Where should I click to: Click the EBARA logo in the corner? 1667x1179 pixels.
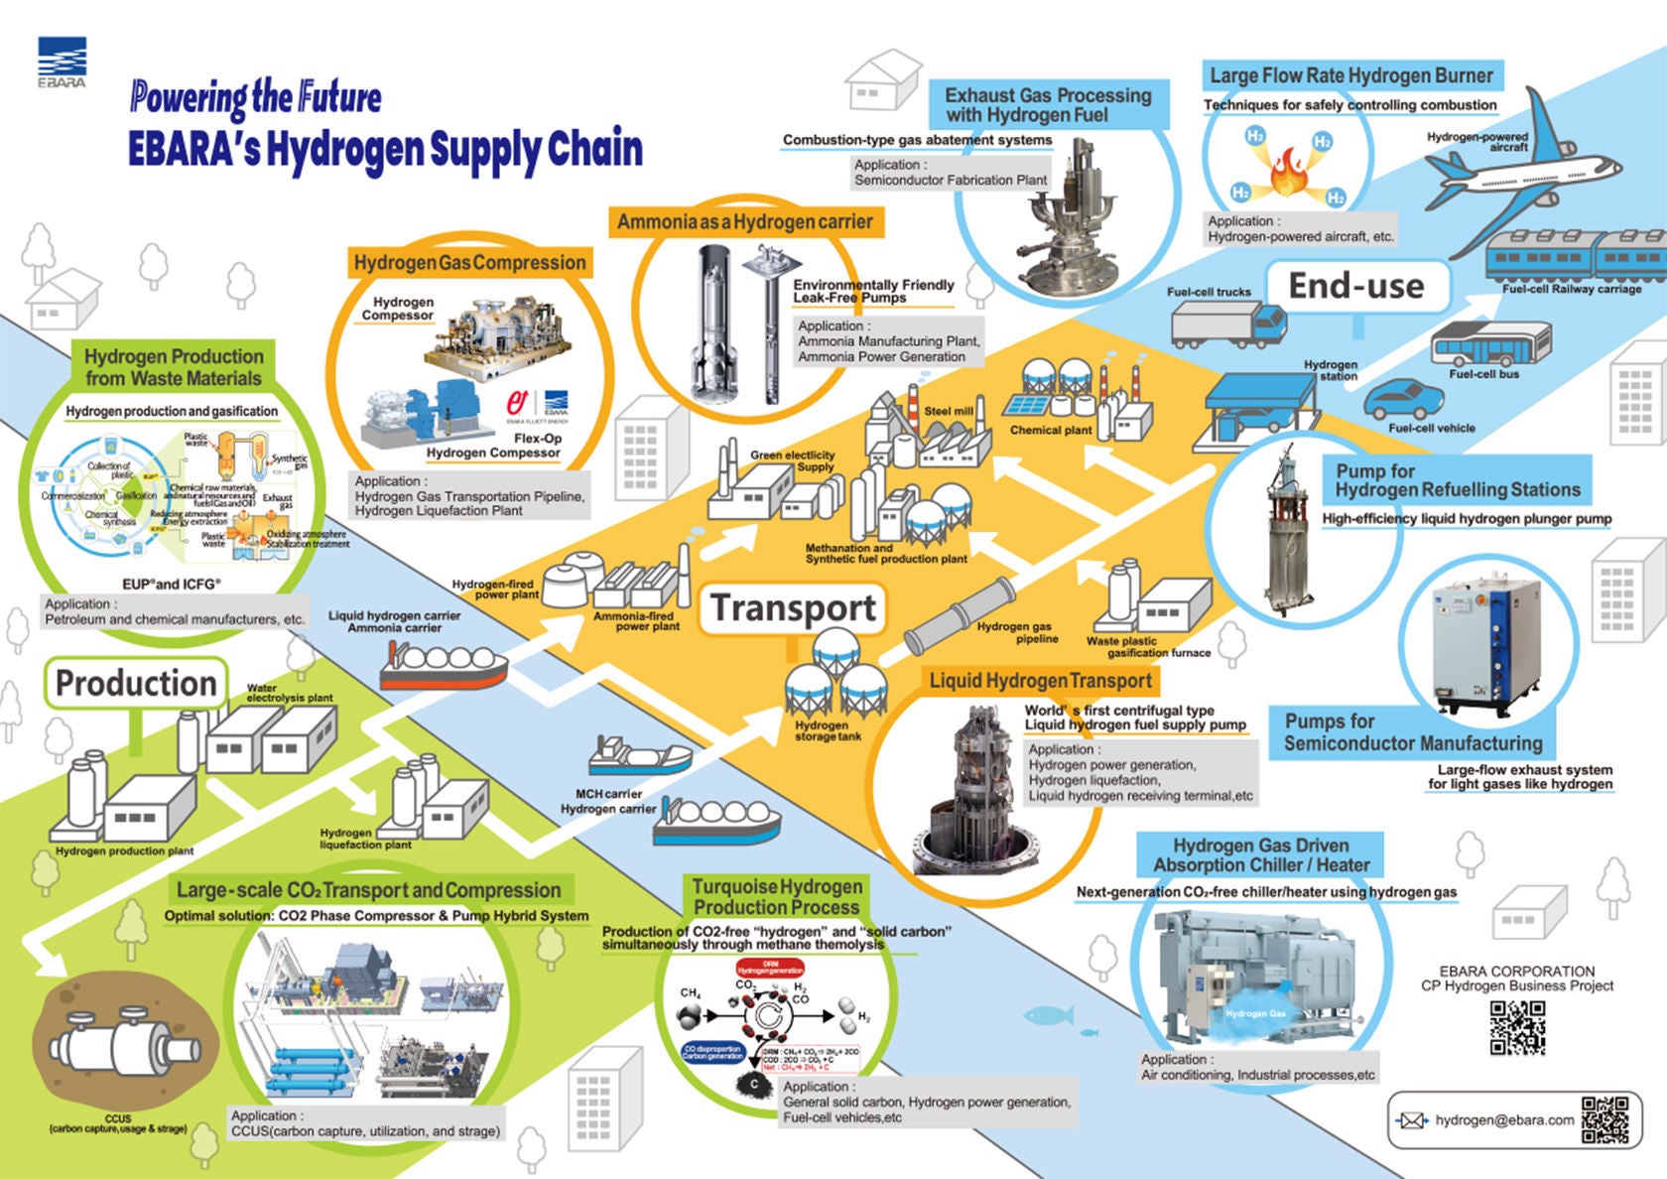(62, 62)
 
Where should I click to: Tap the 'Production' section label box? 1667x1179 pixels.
(136, 683)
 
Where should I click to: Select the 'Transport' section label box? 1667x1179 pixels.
(794, 607)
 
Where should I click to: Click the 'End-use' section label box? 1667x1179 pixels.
(1355, 286)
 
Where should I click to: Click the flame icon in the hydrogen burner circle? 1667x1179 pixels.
(1289, 171)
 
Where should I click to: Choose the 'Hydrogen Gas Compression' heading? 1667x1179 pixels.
(469, 263)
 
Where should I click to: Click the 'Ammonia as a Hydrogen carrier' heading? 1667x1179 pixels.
(744, 221)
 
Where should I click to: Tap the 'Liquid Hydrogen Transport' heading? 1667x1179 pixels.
(1040, 681)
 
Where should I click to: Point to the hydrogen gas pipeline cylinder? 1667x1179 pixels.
(959, 616)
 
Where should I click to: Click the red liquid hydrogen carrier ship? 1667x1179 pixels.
(444, 666)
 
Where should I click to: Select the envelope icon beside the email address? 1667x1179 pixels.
(1411, 1120)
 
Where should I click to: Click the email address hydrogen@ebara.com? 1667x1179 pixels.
(1504, 1120)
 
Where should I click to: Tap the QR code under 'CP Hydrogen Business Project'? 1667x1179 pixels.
(1517, 1027)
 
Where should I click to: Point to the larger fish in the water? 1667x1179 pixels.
(1048, 1014)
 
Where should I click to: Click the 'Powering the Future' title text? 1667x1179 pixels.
(255, 98)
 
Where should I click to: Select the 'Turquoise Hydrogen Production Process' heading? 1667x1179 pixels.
(777, 897)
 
